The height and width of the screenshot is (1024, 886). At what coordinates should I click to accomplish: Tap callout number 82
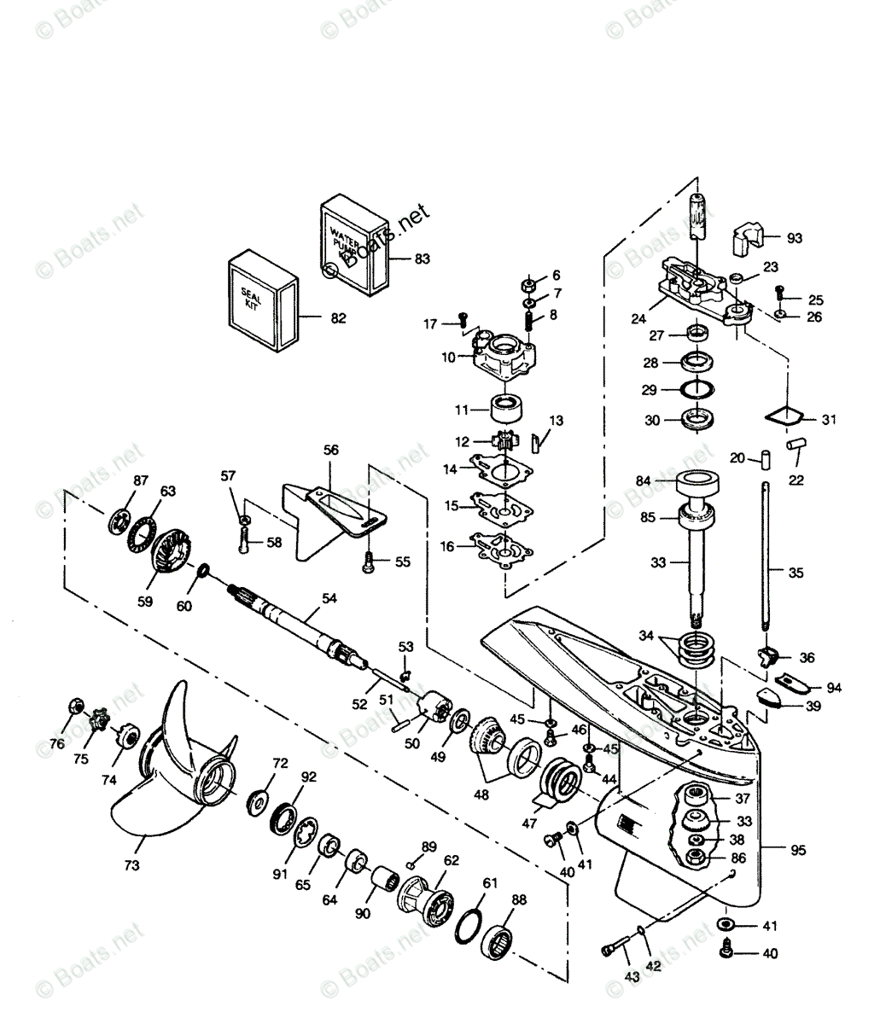(338, 318)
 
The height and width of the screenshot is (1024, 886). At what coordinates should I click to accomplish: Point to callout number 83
(422, 258)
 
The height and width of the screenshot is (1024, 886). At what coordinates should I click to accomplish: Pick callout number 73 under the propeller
(131, 865)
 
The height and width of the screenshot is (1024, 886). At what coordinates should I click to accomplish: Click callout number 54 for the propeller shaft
(329, 599)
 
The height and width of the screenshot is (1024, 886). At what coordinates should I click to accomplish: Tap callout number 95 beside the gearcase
(797, 849)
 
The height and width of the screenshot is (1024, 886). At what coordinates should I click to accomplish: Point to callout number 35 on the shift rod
(796, 573)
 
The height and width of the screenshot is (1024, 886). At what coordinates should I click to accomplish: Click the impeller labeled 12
(505, 443)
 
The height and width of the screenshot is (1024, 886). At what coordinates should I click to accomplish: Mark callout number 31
(829, 419)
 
